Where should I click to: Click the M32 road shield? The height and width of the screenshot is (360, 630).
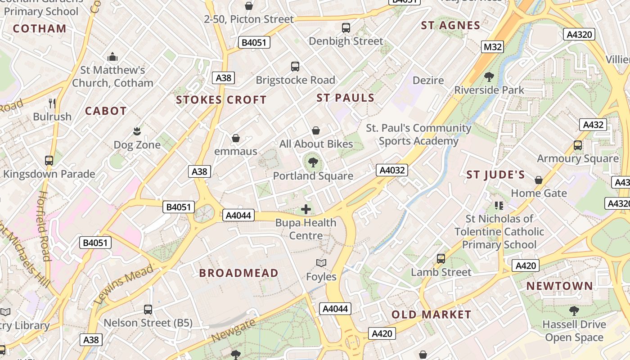tap(492, 47)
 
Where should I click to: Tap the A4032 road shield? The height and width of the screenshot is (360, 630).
tap(392, 170)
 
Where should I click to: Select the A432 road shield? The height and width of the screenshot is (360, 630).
tap(593, 125)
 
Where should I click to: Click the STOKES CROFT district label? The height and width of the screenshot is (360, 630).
tap(221, 100)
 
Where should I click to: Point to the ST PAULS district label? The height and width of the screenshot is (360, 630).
tap(346, 98)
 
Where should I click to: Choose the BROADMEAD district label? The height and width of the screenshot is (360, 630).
tap(239, 273)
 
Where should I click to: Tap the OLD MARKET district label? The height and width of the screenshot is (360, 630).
tap(431, 315)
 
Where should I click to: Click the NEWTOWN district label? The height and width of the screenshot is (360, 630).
tap(560, 286)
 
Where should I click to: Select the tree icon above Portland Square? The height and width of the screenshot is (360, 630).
tap(313, 162)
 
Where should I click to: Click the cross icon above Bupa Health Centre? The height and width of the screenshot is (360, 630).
tap(306, 209)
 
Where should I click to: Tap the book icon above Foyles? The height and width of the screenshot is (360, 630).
tap(321, 263)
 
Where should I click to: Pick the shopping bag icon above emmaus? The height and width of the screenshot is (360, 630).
tap(235, 138)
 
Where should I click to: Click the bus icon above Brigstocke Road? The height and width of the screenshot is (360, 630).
tap(295, 67)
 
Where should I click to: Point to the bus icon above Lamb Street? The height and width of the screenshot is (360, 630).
tap(441, 259)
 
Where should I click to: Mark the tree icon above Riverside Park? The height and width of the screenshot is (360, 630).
tap(489, 76)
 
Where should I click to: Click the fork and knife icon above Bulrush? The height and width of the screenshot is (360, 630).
tap(52, 103)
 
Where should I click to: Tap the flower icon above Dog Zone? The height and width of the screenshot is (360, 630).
tap(137, 131)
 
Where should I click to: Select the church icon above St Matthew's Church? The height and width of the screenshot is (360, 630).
tap(112, 57)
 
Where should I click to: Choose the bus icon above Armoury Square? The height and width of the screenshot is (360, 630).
tap(578, 145)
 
